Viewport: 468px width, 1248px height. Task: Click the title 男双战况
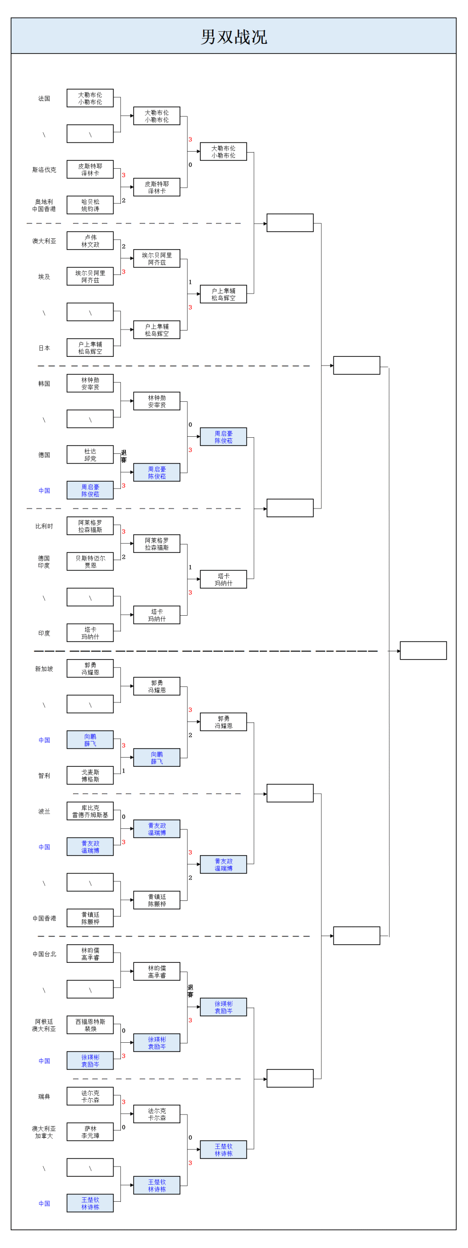click(234, 37)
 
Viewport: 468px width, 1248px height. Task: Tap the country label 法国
click(44, 98)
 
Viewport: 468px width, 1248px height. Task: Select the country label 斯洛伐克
click(44, 170)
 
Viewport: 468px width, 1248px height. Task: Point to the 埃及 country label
click(44, 276)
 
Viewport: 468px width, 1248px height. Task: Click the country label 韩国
click(44, 384)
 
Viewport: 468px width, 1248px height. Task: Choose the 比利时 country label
click(44, 526)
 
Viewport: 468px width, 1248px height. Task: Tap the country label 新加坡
click(44, 669)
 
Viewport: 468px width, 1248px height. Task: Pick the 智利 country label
click(44, 776)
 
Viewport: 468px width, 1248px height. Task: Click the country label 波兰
click(44, 811)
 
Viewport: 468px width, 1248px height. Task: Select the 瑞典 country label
click(44, 1096)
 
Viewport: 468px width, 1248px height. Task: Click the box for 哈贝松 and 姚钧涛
click(90, 205)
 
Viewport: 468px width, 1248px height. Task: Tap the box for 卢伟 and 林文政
click(90, 241)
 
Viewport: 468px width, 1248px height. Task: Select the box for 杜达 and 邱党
click(90, 455)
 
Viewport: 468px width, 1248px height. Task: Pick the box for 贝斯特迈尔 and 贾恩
click(90, 562)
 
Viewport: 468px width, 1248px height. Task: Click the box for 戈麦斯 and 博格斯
click(90, 776)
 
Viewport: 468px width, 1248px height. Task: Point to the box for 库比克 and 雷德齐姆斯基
click(90, 811)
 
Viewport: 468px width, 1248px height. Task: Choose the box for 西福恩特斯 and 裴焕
click(90, 1025)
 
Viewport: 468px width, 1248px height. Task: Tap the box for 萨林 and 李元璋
click(90, 1132)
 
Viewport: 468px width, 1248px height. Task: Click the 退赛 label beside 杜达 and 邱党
click(124, 456)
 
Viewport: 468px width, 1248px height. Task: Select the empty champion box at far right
click(423, 650)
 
